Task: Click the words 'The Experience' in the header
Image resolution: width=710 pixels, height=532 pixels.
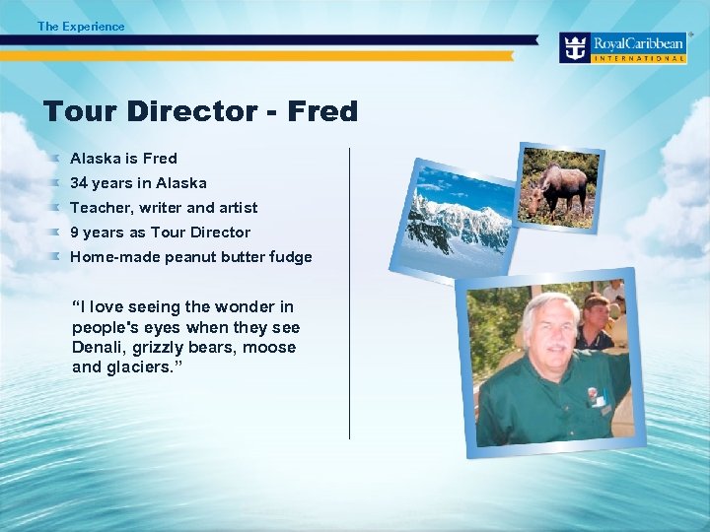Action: (81, 27)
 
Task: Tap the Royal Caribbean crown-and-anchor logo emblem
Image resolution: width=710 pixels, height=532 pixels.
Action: (575, 47)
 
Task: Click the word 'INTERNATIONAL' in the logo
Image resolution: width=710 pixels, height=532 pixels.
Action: (639, 58)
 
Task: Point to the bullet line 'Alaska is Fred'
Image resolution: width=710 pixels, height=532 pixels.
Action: (123, 158)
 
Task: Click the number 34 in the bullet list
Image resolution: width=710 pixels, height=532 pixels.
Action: (79, 183)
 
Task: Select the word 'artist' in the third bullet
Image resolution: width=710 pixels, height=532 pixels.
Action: (238, 208)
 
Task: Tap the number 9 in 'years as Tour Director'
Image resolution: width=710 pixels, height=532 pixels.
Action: (75, 233)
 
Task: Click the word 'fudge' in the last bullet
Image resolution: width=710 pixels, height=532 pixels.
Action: (291, 257)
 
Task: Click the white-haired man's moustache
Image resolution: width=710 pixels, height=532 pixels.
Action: (552, 348)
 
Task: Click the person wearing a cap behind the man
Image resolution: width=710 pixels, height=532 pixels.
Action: (594, 320)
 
